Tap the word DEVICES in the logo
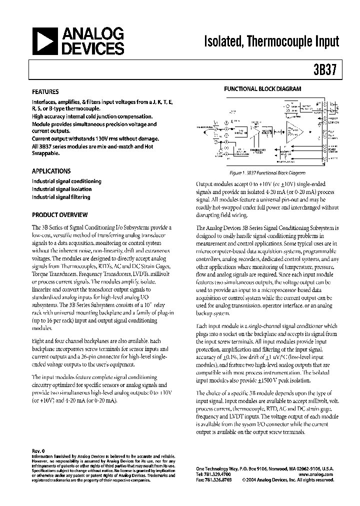(x=92, y=48)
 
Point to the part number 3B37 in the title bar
(x=327, y=69)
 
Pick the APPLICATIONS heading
(x=51, y=170)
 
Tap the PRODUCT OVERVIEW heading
(x=59, y=214)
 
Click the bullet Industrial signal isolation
(x=61, y=189)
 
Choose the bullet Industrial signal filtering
(x=61, y=197)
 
